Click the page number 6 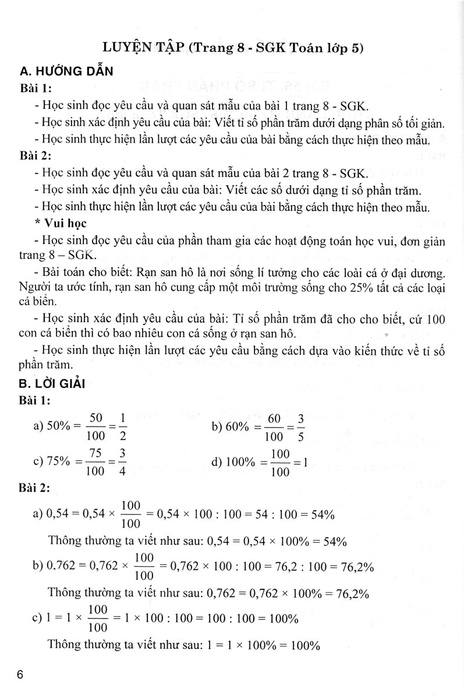pyautogui.click(x=22, y=676)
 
